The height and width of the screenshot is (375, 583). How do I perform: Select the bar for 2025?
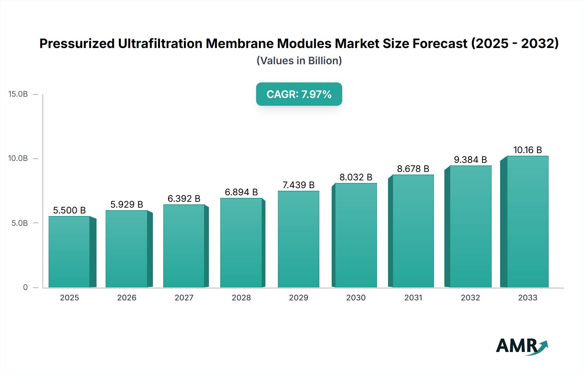tap(69, 252)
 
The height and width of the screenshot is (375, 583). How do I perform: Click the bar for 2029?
tap(298, 239)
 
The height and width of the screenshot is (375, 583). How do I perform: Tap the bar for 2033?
tap(528, 222)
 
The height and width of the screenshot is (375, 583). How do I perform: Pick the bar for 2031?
tap(413, 231)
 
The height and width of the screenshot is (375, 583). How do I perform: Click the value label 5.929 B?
tap(127, 204)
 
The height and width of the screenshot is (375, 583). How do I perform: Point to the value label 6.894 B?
tap(241, 192)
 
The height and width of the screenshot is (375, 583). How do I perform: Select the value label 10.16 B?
tap(528, 150)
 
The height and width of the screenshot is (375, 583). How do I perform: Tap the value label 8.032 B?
tap(356, 177)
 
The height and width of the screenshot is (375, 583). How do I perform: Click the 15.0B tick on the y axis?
tap(18, 94)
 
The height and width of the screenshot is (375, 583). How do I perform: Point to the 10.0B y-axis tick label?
tap(18, 158)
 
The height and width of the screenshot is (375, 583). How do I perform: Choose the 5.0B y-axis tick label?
tap(20, 223)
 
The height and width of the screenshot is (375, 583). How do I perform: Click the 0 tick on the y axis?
tap(25, 287)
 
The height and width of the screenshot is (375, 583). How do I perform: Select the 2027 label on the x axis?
tap(184, 297)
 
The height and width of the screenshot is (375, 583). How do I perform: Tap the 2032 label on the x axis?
tap(470, 297)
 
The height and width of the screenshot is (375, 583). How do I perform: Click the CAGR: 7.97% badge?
tap(299, 94)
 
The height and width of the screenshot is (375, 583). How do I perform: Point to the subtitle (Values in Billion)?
tap(299, 61)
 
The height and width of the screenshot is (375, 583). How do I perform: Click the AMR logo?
tap(521, 346)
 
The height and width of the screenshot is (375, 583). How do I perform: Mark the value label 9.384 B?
tap(470, 160)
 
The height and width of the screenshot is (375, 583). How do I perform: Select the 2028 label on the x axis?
tap(241, 297)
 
